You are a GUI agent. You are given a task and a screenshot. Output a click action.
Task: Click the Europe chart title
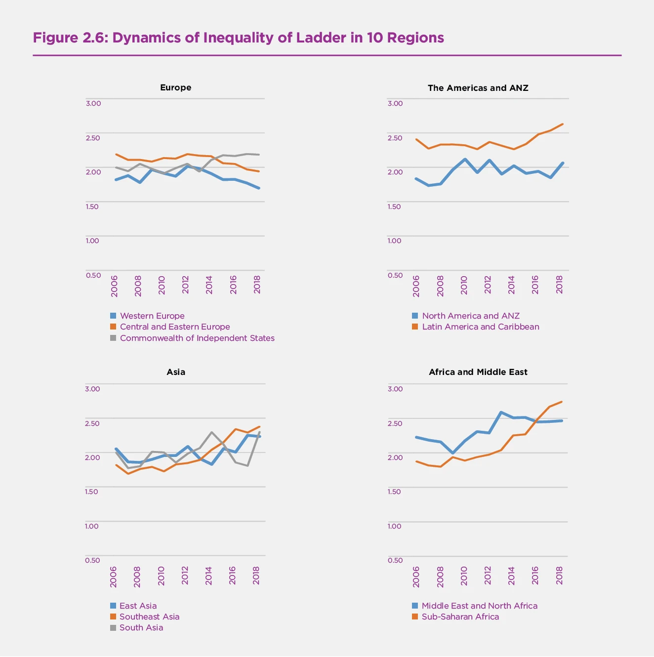tap(175, 87)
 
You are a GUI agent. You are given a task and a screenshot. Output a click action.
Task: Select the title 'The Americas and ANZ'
tap(478, 88)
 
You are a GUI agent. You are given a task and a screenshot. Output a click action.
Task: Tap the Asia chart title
tap(176, 372)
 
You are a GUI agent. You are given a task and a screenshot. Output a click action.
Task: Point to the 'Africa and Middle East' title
tap(478, 372)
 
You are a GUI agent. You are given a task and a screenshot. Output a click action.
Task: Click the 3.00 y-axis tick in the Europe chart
tap(93, 103)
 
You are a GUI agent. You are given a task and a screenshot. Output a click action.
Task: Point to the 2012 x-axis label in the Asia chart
tap(185, 575)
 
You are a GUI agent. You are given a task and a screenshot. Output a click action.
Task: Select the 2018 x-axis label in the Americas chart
tap(559, 285)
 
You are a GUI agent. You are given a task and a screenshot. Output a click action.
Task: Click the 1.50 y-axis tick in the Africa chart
tap(395, 492)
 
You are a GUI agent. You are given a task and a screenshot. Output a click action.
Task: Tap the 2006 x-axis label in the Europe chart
tap(114, 286)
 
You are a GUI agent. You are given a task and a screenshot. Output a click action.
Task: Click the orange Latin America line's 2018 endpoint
tap(563, 124)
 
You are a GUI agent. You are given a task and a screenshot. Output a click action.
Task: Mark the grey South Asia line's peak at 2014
tap(212, 432)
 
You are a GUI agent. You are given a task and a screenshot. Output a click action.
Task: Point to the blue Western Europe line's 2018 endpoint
tap(259, 188)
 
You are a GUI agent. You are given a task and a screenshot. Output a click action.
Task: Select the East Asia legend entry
tap(138, 606)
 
